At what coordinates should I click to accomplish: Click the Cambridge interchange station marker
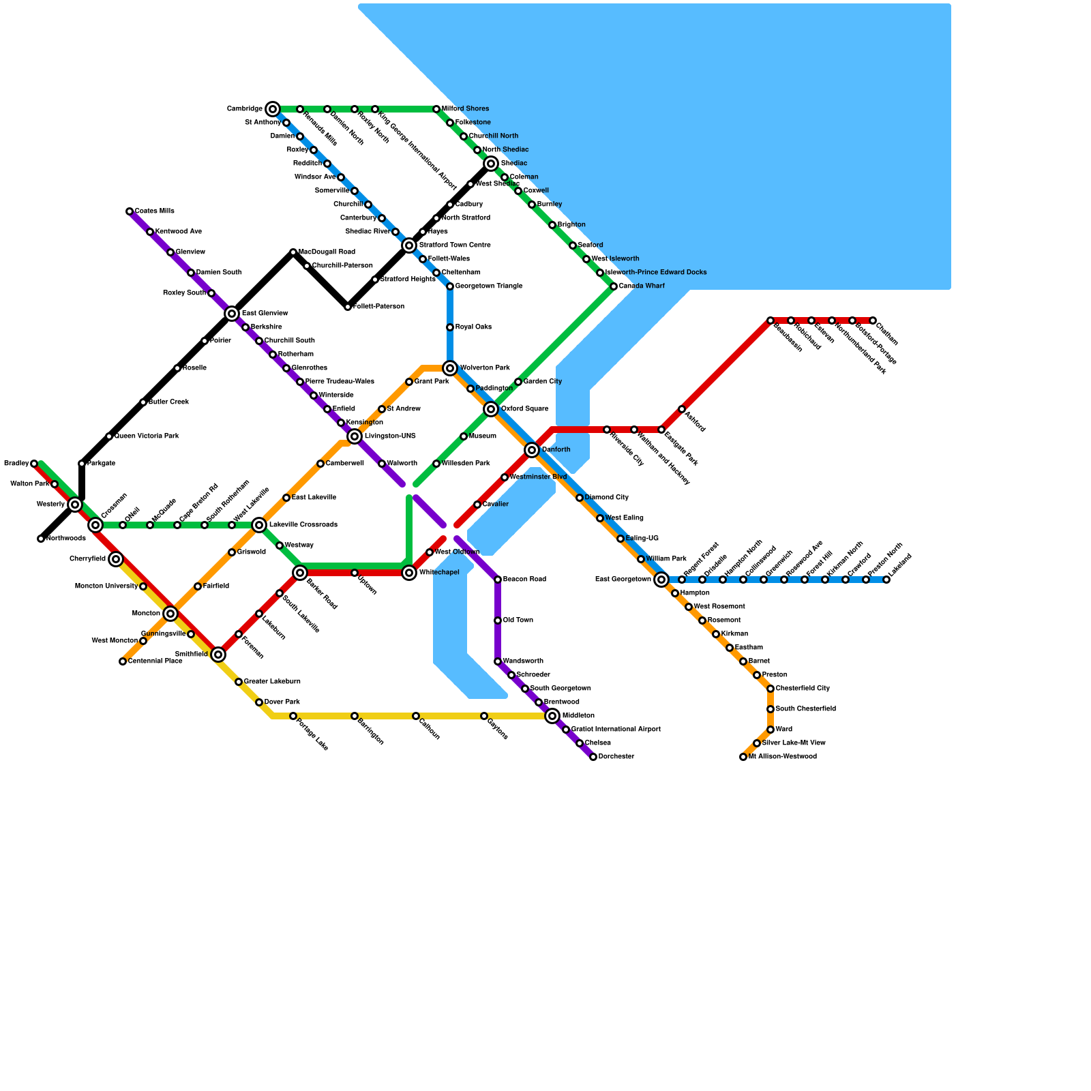pyautogui.click(x=273, y=109)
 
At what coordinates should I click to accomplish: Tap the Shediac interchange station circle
pyautogui.click(x=491, y=164)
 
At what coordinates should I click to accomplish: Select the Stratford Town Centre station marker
pyautogui.click(x=409, y=245)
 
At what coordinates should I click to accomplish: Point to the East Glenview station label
pyautogui.click(x=265, y=314)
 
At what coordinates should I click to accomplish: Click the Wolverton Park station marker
pyautogui.click(x=450, y=368)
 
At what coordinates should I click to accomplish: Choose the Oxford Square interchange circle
pyautogui.click(x=491, y=409)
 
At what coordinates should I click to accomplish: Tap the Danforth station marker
pyautogui.click(x=532, y=450)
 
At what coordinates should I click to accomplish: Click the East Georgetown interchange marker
pyautogui.click(x=661, y=580)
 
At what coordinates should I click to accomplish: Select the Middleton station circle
pyautogui.click(x=552, y=716)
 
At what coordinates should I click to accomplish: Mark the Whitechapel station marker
pyautogui.click(x=409, y=573)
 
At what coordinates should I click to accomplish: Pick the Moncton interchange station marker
pyautogui.click(x=170, y=614)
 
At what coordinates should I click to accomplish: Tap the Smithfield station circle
pyautogui.click(x=218, y=655)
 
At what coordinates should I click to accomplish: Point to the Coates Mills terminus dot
pyautogui.click(x=130, y=211)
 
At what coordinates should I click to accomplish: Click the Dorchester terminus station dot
pyautogui.click(x=593, y=757)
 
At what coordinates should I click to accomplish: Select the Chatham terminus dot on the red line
pyautogui.click(x=873, y=320)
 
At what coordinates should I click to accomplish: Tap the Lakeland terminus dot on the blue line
pyautogui.click(x=886, y=580)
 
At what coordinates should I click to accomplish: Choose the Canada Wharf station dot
pyautogui.click(x=614, y=286)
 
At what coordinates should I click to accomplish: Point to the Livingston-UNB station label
pyautogui.click(x=390, y=436)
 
